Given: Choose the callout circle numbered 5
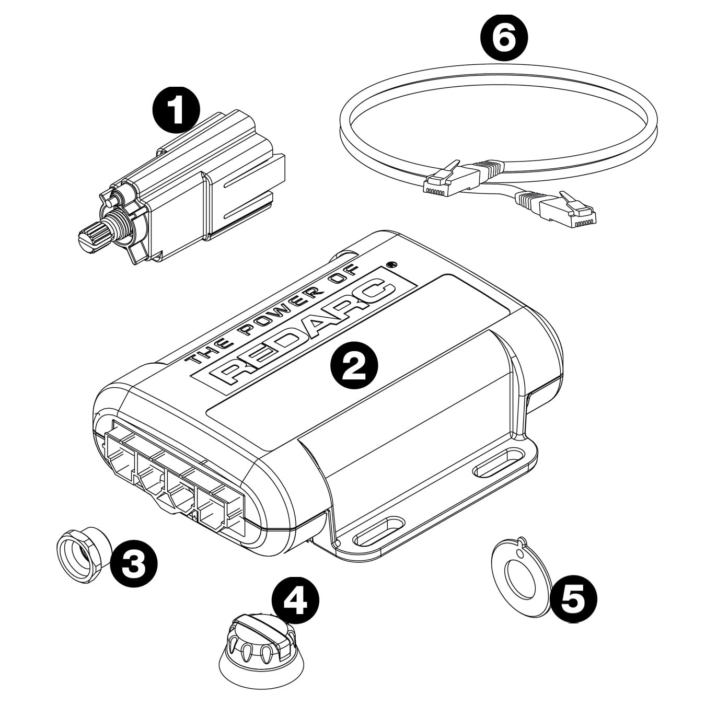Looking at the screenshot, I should point(572,599).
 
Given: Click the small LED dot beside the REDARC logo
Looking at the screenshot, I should point(390,264).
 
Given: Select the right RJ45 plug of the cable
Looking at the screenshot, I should point(567,212).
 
